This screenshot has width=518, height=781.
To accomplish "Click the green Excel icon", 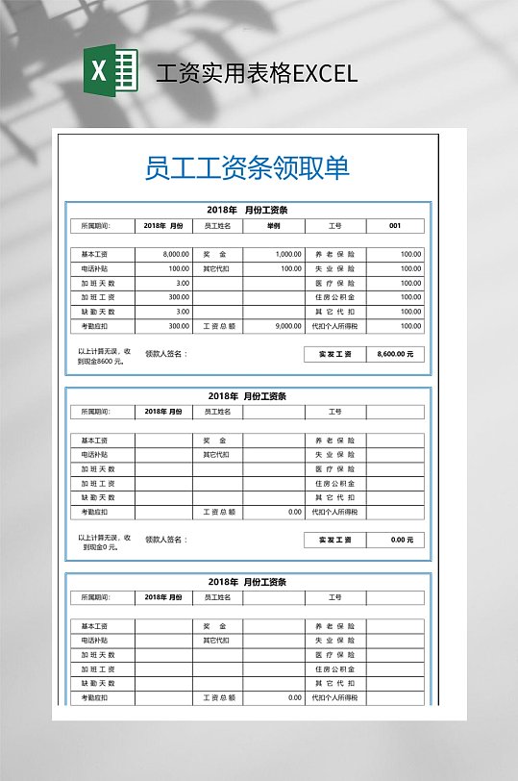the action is click(x=111, y=72).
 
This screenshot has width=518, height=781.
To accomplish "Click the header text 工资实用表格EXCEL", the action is click(x=257, y=73).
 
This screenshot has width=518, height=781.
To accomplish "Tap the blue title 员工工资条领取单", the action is click(x=247, y=167).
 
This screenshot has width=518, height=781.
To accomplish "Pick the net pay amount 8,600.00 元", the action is click(x=395, y=354).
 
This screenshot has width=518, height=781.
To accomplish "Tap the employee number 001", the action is click(x=395, y=226).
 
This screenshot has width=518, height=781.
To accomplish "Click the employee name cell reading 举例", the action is click(x=274, y=226).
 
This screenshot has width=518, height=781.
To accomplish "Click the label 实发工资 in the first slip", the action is click(x=334, y=354).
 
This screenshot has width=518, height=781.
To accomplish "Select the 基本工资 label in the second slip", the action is click(x=95, y=440).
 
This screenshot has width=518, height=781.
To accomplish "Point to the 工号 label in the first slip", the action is click(x=334, y=226).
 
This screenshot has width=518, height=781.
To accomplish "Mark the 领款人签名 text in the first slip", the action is click(x=165, y=353).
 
